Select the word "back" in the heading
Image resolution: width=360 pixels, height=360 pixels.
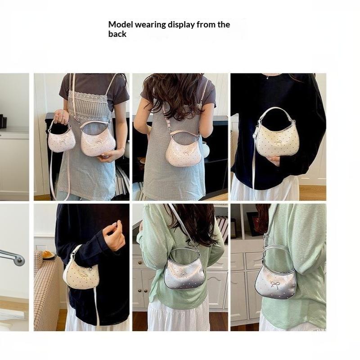(117, 34)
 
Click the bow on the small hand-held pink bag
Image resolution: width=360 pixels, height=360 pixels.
(62, 140)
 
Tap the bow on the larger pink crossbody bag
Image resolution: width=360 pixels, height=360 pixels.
(99, 142)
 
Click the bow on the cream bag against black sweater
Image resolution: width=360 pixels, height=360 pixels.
(278, 143)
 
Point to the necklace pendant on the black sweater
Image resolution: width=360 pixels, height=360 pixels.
(268, 77)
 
